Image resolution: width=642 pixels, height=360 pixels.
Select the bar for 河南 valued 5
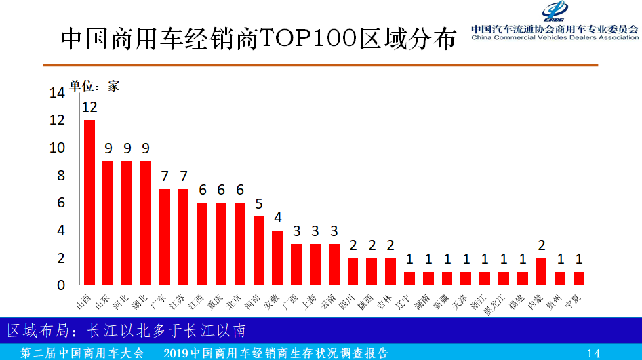[x=259, y=250]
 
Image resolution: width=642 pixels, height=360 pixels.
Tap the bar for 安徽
[x=277, y=257]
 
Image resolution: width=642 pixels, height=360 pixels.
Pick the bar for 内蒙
[x=541, y=271]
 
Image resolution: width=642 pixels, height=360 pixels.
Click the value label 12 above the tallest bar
[x=89, y=107]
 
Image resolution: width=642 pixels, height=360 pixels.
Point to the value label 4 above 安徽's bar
[x=277, y=218]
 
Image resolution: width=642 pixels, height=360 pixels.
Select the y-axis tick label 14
[x=57, y=93]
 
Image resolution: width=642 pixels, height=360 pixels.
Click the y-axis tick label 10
[x=57, y=148]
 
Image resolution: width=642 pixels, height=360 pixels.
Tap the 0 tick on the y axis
[x=61, y=285]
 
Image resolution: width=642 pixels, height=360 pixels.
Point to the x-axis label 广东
[x=160, y=299]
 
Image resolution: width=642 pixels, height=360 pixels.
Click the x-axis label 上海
[x=310, y=299]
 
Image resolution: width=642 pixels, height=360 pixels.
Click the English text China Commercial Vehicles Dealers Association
[x=555, y=38]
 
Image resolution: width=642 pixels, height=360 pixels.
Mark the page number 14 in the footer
[x=593, y=353]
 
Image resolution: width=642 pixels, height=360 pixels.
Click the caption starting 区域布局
[x=126, y=330]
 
